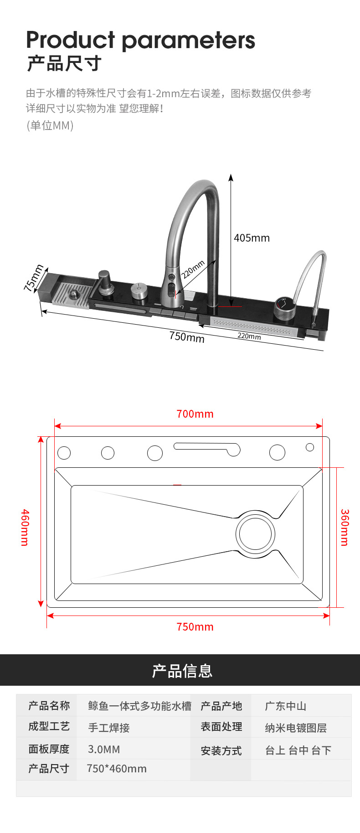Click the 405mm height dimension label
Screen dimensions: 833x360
pyautogui.click(x=252, y=238)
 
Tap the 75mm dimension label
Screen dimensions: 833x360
pyautogui.click(x=34, y=278)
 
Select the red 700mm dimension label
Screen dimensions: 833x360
pyautogui.click(x=195, y=414)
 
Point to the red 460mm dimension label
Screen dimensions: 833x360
pyautogui.click(x=25, y=528)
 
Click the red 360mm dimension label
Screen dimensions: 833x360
pyautogui.click(x=345, y=528)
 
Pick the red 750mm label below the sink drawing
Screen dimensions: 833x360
pyautogui.click(x=195, y=627)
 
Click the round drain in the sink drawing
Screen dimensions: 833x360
pyautogui.click(x=255, y=534)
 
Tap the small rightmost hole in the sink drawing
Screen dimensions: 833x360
pyautogui.click(x=310, y=447)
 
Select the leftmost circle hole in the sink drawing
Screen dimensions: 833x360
pyautogui.click(x=64, y=453)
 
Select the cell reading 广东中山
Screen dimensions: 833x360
pyautogui.click(x=286, y=706)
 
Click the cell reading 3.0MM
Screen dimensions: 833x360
pyautogui.click(x=104, y=749)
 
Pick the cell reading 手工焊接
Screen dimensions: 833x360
pyautogui.click(x=109, y=728)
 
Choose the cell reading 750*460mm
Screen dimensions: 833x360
pyautogui.click(x=117, y=769)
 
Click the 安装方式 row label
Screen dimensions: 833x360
pyautogui.click(x=221, y=750)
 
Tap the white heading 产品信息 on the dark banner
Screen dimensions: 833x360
pyautogui.click(x=182, y=671)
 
